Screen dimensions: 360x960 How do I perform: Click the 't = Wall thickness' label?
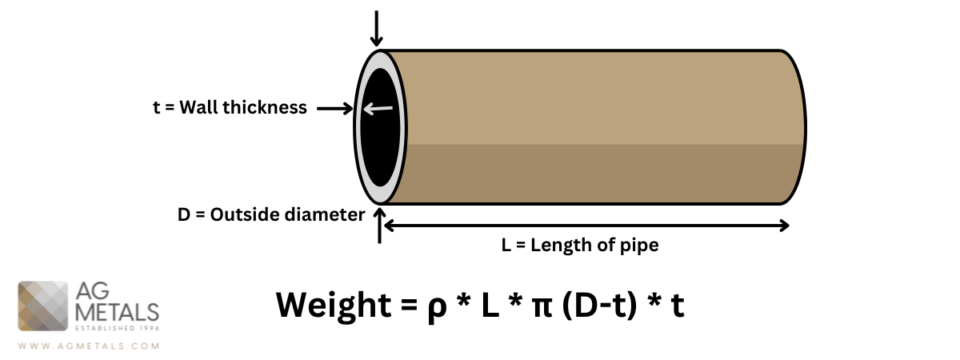tap(230, 108)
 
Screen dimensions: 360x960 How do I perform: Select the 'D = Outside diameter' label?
tap(271, 214)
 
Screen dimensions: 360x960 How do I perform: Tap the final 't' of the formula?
tap(677, 306)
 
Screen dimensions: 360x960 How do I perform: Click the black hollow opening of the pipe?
tap(381, 128)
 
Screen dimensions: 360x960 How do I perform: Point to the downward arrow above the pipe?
tap(378, 28)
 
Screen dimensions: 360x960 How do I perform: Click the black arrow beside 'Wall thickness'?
tap(335, 108)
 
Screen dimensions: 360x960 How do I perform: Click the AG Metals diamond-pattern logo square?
tap(44, 306)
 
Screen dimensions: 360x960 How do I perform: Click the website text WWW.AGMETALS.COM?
tap(88, 347)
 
